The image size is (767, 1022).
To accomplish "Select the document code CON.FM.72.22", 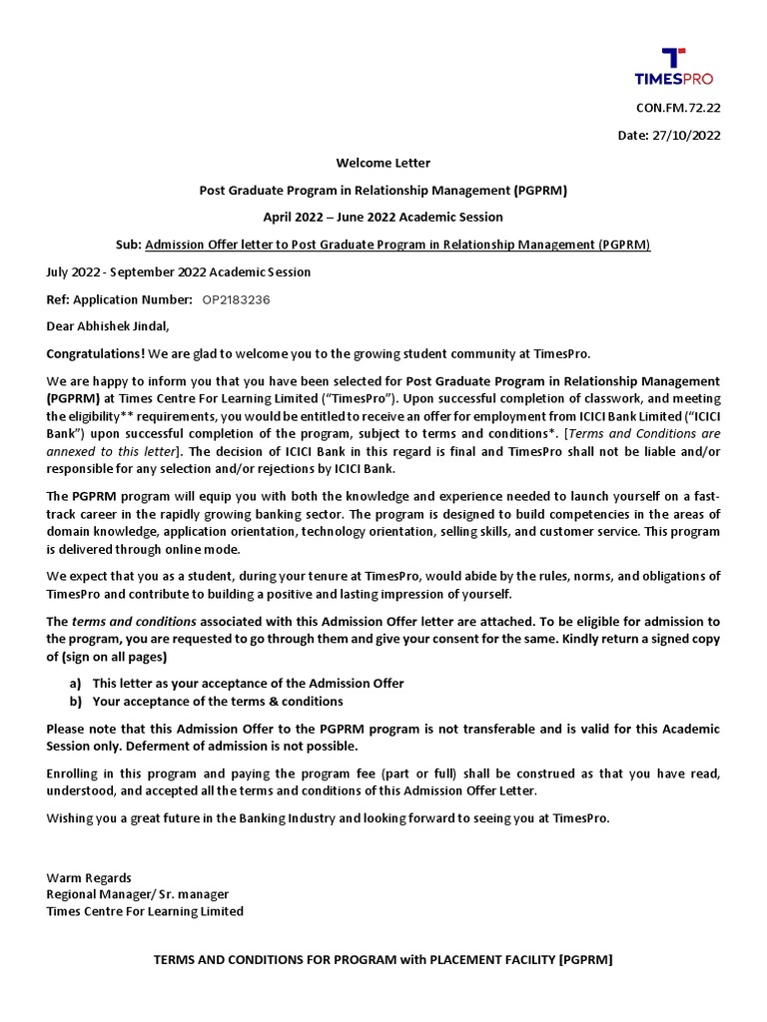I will click(x=678, y=109).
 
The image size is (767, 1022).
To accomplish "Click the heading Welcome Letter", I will click(x=383, y=163).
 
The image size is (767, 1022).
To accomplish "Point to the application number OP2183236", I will click(x=236, y=299).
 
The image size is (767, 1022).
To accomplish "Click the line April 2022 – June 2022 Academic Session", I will click(x=383, y=217).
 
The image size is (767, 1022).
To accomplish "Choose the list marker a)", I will click(x=75, y=683).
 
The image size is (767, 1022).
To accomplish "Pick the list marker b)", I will click(x=75, y=701).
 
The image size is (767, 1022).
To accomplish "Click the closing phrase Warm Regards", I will click(x=89, y=877).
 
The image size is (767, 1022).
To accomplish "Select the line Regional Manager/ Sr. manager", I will click(x=137, y=894).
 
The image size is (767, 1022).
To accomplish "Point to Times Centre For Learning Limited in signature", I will click(x=145, y=911).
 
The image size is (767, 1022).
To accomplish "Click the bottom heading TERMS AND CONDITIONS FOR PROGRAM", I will click(x=383, y=960).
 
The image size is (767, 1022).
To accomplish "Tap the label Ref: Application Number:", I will click(x=120, y=299).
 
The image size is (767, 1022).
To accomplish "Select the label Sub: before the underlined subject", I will click(x=127, y=245).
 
